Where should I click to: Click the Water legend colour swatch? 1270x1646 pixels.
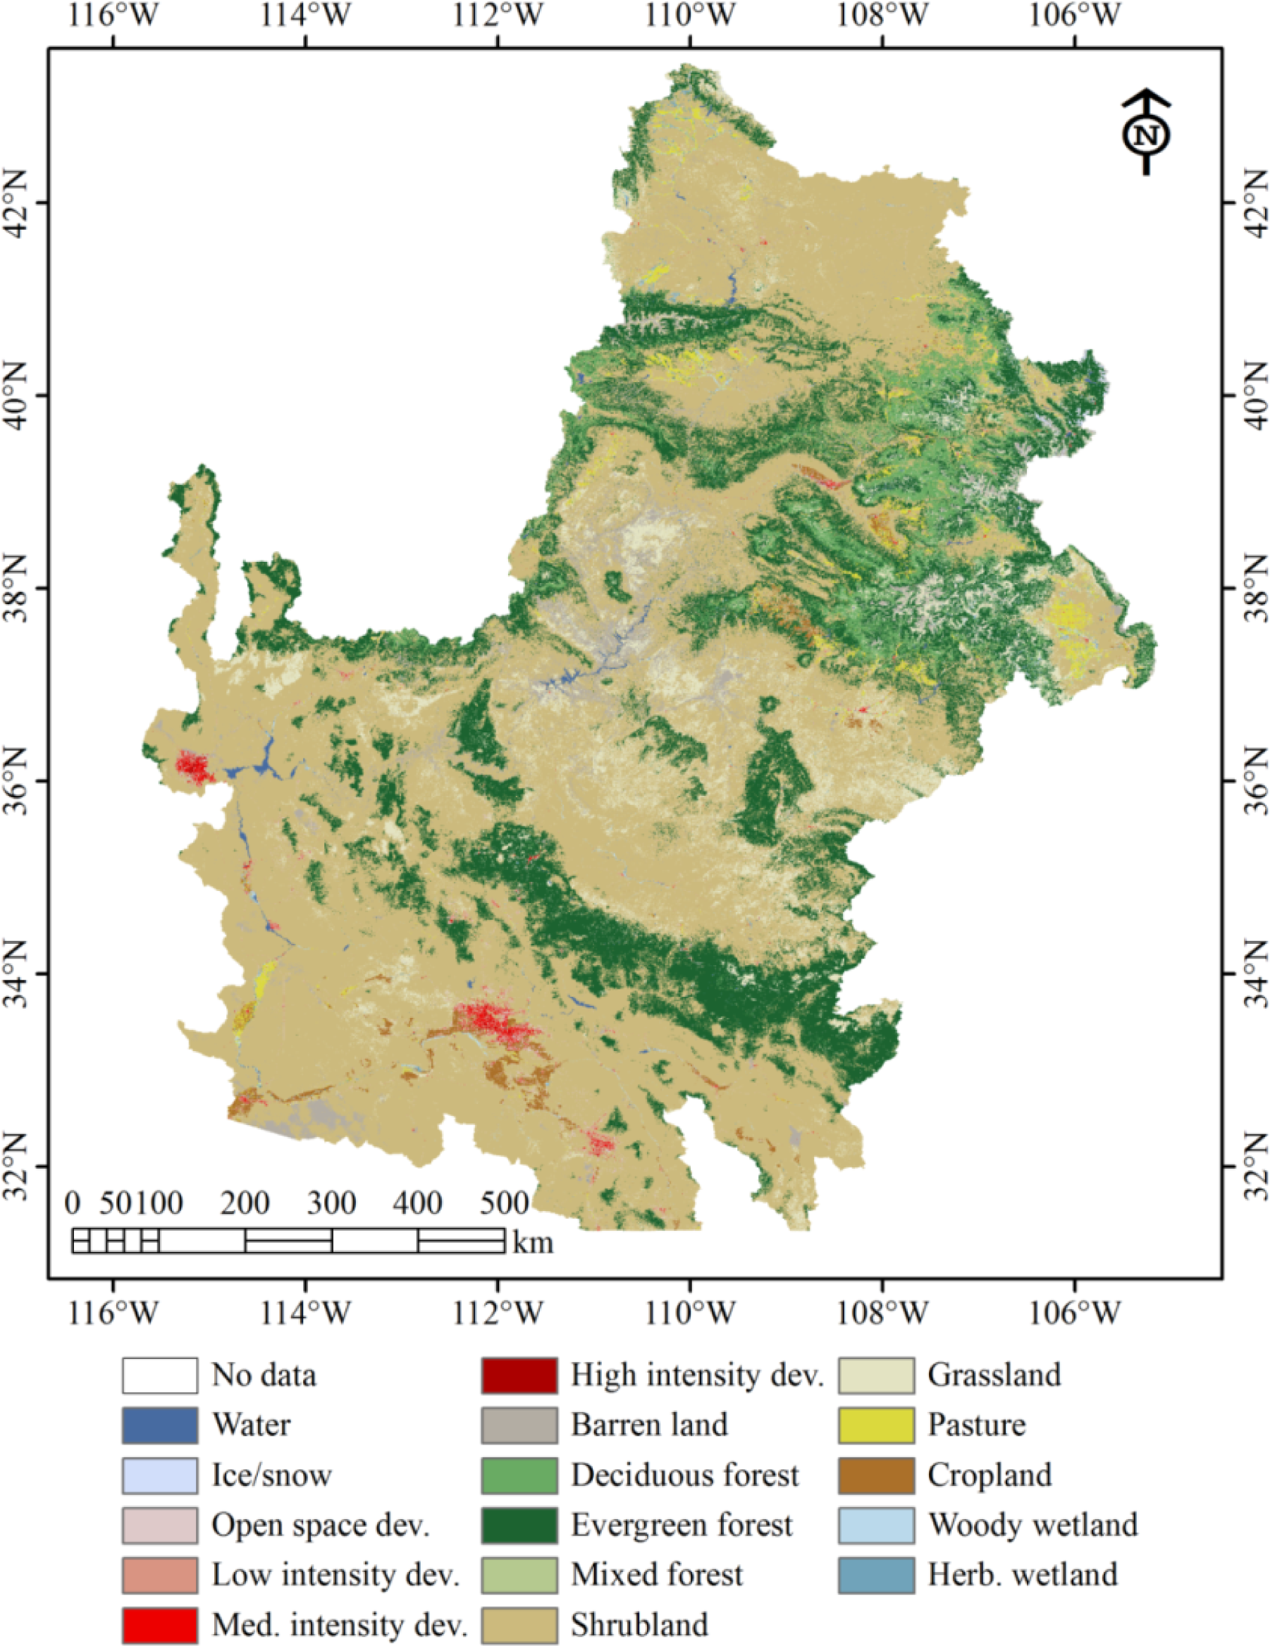point(161,1425)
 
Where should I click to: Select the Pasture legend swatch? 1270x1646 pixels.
point(877,1425)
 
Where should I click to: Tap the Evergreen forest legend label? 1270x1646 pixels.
point(682,1525)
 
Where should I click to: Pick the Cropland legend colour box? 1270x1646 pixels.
point(877,1475)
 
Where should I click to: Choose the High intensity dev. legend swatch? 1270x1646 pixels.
point(519,1375)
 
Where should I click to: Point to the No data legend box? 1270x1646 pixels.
point(161,1375)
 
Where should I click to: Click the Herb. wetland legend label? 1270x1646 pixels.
point(1022,1574)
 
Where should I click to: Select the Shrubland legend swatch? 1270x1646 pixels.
point(519,1624)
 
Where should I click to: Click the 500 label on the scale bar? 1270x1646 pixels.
point(503,1203)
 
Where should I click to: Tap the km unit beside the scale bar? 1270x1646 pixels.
point(533,1241)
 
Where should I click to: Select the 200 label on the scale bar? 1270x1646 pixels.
point(245,1203)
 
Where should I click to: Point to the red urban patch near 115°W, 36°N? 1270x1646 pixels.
point(193,769)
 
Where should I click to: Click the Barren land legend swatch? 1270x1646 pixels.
point(519,1425)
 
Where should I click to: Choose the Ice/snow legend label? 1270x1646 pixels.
point(271,1475)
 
